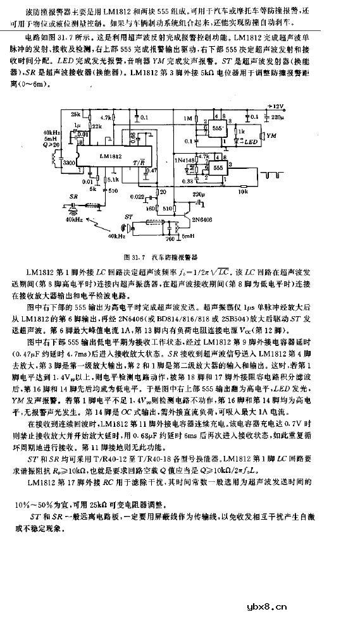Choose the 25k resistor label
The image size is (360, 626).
pyautogui.click(x=76, y=114)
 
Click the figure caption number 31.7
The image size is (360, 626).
pyautogui.click(x=136, y=257)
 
